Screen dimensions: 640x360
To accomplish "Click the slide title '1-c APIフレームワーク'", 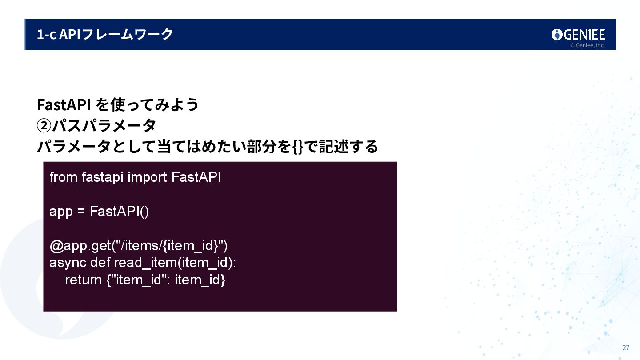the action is coord(105,34).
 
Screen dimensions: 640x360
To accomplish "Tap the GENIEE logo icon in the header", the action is coord(557,35).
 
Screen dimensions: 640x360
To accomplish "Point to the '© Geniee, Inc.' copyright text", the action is coord(587,45).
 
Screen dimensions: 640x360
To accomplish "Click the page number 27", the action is coord(626,348).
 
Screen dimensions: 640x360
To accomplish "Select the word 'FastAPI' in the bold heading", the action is coord(64,105).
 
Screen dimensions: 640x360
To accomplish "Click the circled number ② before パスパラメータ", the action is coord(44,126).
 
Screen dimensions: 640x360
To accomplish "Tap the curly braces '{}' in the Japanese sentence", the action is coord(298,146).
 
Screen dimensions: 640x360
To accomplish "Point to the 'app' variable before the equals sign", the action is coord(61,211).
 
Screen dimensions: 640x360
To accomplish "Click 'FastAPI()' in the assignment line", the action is coord(120,211).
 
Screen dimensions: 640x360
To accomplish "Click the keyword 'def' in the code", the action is coord(100,262).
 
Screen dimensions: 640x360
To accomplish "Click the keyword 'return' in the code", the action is coord(83,280).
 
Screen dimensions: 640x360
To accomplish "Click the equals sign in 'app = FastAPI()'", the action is coord(81,212).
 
